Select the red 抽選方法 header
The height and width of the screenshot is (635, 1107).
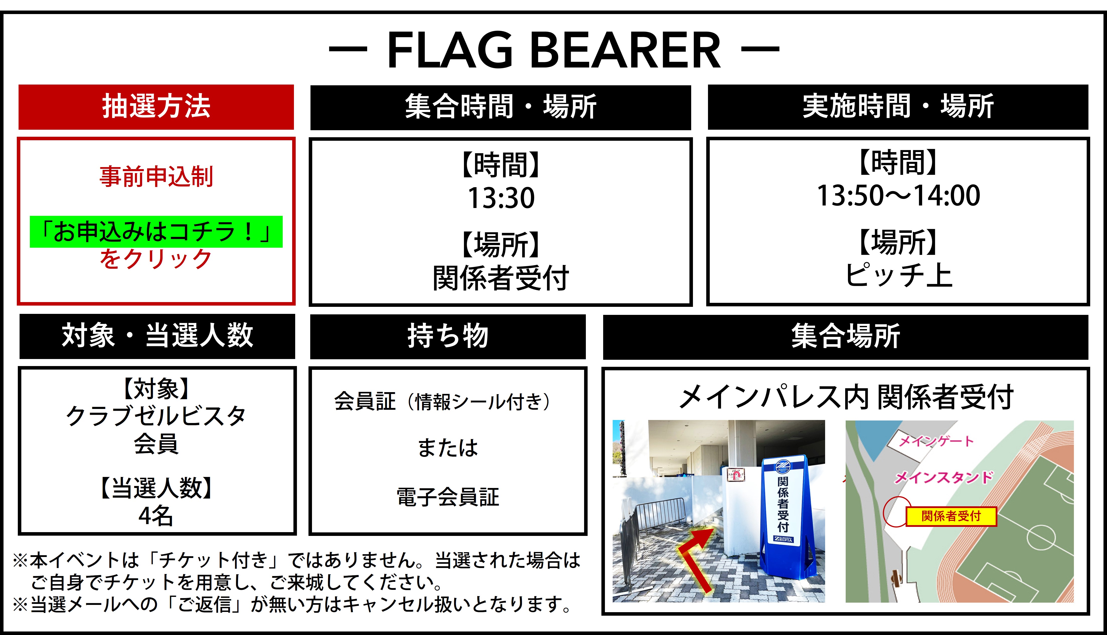pos(156,107)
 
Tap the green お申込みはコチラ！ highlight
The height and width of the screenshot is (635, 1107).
pos(156,232)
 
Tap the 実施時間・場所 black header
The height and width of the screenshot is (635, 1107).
pos(898,107)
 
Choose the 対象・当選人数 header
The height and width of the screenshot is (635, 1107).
pos(157,336)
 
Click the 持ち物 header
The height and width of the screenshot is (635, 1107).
pos(448,337)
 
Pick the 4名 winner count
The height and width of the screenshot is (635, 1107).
pos(155,516)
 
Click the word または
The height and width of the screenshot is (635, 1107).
pos(448,448)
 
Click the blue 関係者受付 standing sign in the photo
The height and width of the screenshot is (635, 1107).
pos(783,517)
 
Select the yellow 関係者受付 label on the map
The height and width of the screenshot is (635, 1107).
pos(951,516)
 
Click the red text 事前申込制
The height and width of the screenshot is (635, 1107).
pos(156,177)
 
